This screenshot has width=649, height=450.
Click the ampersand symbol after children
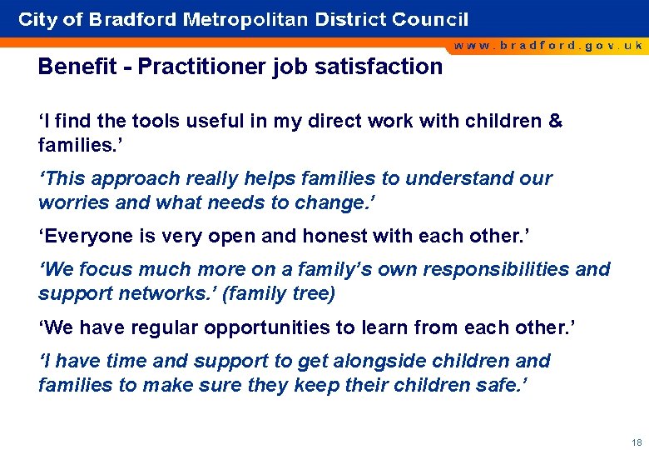click(x=555, y=122)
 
